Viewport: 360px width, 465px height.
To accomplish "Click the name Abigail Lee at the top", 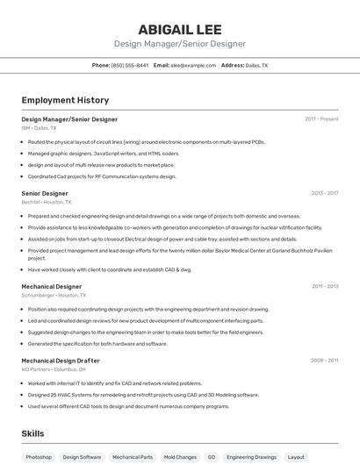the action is click(x=179, y=29).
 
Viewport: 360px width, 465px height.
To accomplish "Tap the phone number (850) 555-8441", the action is click(x=129, y=65).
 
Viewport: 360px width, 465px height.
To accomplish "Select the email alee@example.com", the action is click(x=193, y=65).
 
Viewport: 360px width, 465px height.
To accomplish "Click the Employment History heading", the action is click(x=65, y=100).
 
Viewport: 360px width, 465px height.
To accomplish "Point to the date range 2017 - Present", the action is click(x=321, y=118).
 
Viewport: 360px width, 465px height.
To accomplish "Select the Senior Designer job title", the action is click(x=45, y=193).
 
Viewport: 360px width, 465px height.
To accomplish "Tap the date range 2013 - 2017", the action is click(x=324, y=193).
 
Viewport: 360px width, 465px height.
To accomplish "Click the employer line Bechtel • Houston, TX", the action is click(x=47, y=202).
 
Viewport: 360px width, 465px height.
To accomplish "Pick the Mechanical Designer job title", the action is click(x=51, y=286).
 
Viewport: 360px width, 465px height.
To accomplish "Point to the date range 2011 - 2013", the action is click(x=324, y=286).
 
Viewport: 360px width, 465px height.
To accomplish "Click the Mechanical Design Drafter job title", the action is click(x=61, y=361).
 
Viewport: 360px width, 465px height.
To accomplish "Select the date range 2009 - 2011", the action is click(x=324, y=361).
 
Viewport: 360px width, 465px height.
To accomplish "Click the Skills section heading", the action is click(x=32, y=433).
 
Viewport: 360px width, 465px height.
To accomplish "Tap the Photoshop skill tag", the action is click(x=39, y=457).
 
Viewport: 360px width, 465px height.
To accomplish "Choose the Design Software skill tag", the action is click(x=82, y=457).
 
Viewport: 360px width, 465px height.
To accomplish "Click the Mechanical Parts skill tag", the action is click(x=133, y=457).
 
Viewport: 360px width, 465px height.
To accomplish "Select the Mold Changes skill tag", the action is click(x=180, y=457).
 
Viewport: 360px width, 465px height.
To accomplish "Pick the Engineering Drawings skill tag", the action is click(x=252, y=457).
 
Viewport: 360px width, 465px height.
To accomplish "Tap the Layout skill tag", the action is click(x=297, y=457).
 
